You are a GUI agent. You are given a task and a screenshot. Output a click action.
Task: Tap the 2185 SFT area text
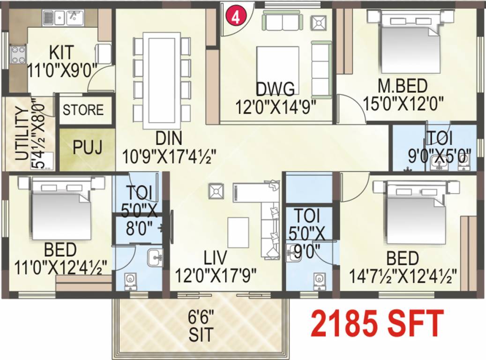pos(377,323)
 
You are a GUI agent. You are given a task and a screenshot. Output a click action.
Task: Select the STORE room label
pos(83,111)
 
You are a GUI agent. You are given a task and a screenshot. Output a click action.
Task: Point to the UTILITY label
pos(21,134)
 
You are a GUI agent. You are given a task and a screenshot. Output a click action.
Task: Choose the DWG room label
pos(275,88)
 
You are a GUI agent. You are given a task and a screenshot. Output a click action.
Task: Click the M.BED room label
pos(403,86)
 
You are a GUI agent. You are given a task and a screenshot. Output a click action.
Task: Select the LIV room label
pos(215,257)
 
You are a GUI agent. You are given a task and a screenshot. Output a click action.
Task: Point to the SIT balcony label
pos(201,334)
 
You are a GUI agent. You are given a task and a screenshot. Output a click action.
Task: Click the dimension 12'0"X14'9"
pos(276,105)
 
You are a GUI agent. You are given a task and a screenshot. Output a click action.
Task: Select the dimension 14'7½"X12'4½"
pos(403,274)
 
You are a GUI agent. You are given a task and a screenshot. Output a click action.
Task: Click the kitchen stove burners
pos(18,54)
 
